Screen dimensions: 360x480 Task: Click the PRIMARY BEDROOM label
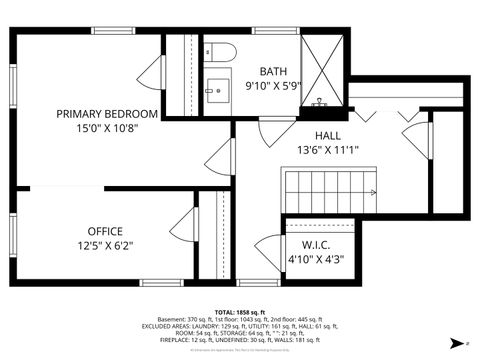[107, 113]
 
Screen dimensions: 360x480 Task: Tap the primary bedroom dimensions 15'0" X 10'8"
[107, 128]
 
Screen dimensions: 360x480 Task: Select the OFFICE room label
[105, 230]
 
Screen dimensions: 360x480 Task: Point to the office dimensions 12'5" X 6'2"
[105, 245]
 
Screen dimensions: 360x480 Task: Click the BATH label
[272, 71]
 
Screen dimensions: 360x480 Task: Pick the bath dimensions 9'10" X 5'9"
[272, 86]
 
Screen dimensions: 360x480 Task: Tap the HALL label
[328, 135]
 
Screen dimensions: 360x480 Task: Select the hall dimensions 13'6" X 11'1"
[328, 150]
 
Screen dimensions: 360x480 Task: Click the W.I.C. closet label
[315, 245]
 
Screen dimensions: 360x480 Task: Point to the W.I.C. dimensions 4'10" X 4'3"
[315, 259]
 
